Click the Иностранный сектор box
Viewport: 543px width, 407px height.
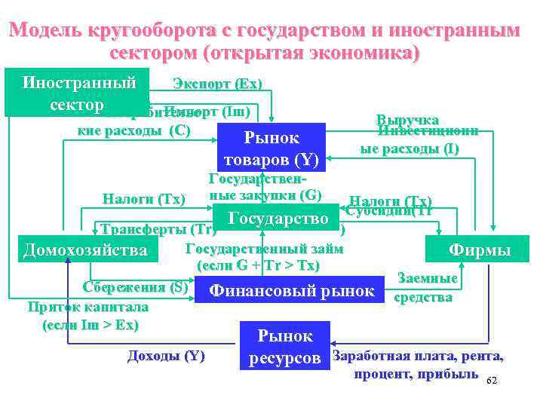78,93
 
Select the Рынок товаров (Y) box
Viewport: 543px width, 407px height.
271,148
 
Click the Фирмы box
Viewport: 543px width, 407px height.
479,249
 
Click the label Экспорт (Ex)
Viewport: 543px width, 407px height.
217,83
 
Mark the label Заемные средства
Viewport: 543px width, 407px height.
426,288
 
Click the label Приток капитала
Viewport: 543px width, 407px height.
87,308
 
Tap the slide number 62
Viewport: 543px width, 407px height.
493,381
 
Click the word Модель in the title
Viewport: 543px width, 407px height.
49,32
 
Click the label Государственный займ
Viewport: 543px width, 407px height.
264,249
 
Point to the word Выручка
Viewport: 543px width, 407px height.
407,120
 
